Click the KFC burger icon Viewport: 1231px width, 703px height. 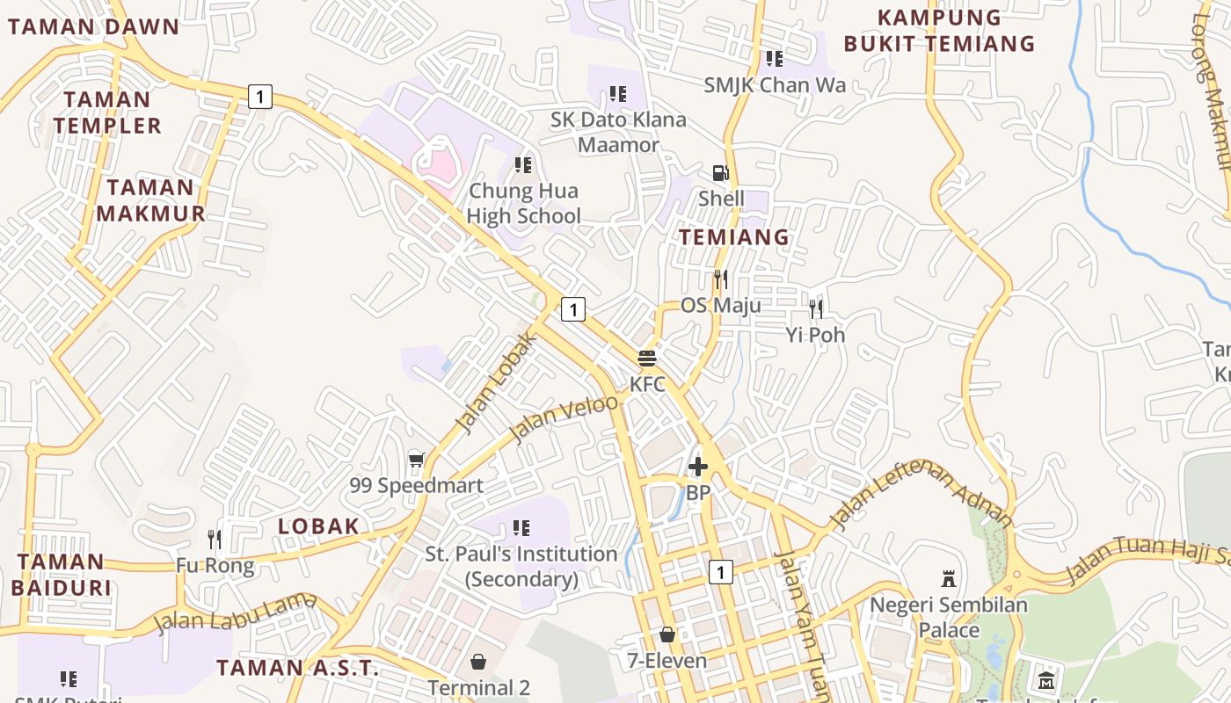coord(647,359)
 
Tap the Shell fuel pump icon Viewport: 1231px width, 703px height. coord(720,173)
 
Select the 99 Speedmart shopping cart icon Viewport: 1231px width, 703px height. coord(417,460)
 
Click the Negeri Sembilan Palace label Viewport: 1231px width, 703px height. coord(949,618)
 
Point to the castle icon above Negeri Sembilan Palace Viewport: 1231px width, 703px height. coord(949,579)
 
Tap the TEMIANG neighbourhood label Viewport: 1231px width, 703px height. coord(734,237)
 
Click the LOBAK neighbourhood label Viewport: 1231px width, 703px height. coord(318,526)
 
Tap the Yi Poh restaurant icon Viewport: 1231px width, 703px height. coord(816,308)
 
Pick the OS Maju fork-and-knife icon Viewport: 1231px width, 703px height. coord(721,279)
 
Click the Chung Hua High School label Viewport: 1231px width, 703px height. coord(524,203)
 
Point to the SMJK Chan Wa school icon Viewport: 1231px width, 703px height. coord(774,59)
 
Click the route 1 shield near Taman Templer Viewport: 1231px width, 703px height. coord(259,96)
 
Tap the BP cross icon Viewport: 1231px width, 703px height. coord(698,467)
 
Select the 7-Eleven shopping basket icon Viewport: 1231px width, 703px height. coord(667,634)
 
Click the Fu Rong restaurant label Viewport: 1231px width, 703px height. coord(215,566)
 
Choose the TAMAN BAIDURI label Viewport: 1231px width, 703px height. coord(61,575)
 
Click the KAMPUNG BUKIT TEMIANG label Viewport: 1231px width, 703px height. coord(939,31)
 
